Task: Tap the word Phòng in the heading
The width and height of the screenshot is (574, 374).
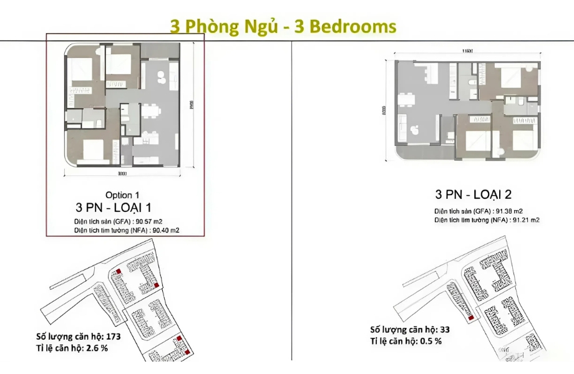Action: (x=215, y=27)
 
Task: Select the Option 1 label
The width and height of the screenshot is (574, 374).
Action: (x=127, y=195)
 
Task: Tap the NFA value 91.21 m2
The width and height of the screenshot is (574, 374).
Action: (x=524, y=220)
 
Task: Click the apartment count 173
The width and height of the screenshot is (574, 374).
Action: (x=112, y=337)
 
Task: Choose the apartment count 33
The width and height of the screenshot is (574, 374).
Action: (x=445, y=330)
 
